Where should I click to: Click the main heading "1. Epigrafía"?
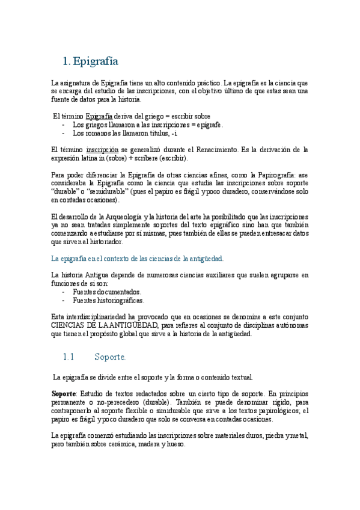click(90, 61)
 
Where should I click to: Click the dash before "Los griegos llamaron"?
click(64, 124)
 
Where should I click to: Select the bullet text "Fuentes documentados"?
click(107, 292)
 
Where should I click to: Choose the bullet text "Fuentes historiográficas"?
click(108, 300)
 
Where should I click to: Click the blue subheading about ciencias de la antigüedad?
click(138, 259)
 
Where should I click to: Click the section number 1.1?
click(68, 357)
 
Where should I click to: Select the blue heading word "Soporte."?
click(110, 357)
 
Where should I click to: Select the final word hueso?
click(174, 444)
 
